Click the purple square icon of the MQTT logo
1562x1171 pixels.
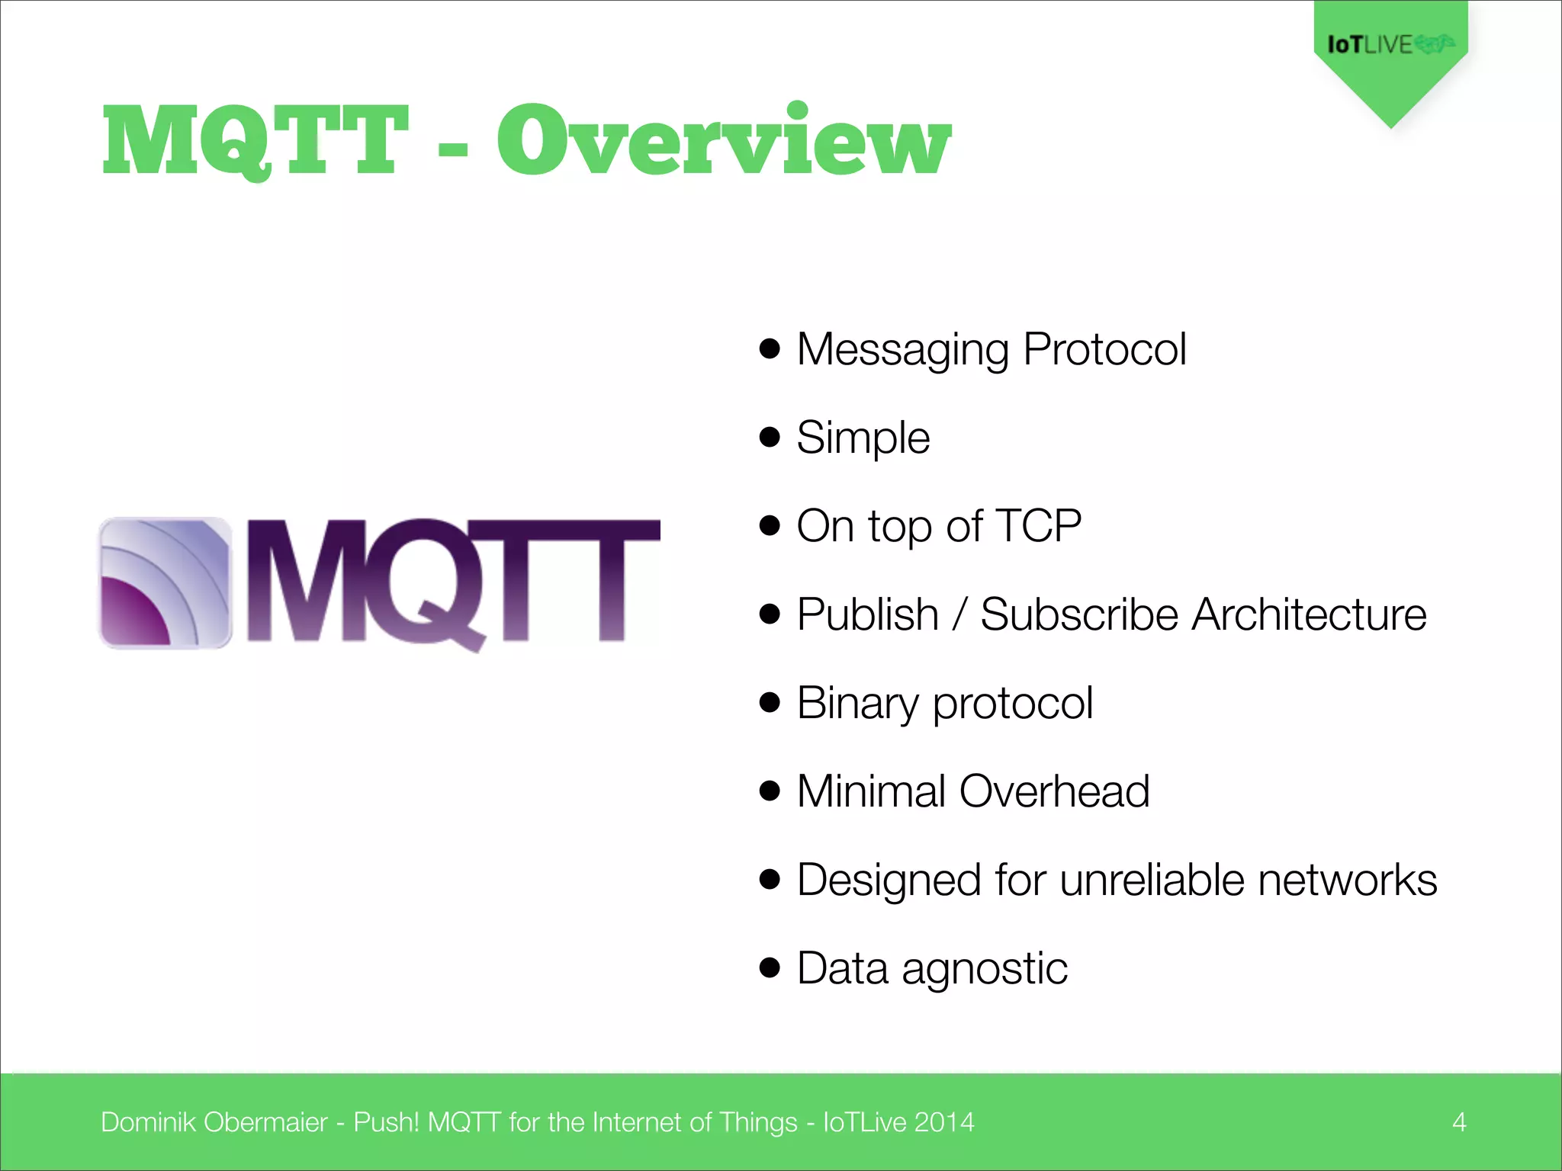(x=165, y=582)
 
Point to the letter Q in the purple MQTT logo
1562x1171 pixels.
(x=427, y=582)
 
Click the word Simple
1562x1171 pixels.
(x=863, y=438)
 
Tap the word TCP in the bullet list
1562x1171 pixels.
(x=1038, y=526)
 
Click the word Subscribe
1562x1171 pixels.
(x=1078, y=614)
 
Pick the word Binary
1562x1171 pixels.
(x=857, y=704)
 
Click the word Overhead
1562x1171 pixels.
(x=1054, y=791)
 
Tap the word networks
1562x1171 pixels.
(x=1347, y=880)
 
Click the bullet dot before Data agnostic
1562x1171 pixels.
(x=770, y=967)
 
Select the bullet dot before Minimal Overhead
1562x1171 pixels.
(x=770, y=791)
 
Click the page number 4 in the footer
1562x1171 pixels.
(x=1459, y=1122)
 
